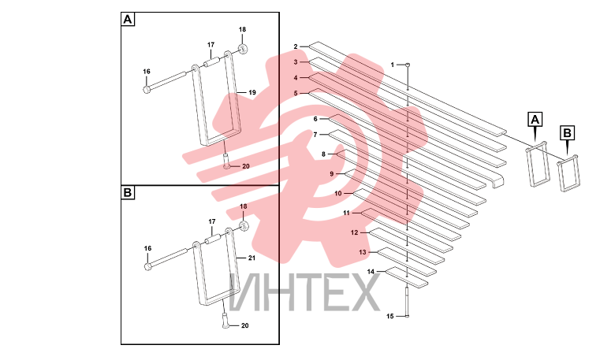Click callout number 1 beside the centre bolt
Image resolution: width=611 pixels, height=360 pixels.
(x=393, y=65)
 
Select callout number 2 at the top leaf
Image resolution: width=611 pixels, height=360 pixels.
(x=296, y=46)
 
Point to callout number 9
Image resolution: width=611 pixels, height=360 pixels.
(x=332, y=173)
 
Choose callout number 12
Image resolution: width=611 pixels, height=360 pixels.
(x=354, y=232)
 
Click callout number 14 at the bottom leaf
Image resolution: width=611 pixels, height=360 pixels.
(x=371, y=272)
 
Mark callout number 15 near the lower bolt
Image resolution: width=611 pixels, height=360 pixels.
(x=390, y=317)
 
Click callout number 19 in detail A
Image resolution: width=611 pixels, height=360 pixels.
(x=252, y=93)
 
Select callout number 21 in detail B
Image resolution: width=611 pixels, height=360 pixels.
(x=251, y=258)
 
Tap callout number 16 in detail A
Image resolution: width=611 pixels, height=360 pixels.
(x=147, y=72)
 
